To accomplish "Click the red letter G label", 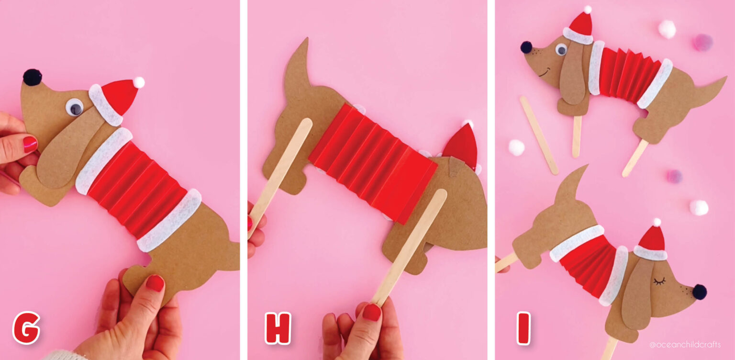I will click(x=26, y=328).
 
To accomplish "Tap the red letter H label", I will click(x=278, y=328).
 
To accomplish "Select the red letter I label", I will click(x=523, y=328).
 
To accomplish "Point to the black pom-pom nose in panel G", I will click(x=32, y=77).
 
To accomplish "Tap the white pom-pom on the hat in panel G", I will click(x=139, y=82).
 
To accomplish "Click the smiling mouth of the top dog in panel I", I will click(x=544, y=73).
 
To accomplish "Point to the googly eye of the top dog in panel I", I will click(x=561, y=49).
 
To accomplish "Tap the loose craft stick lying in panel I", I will click(x=539, y=135).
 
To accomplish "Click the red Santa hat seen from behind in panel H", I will click(x=462, y=146).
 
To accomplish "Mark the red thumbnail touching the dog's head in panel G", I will click(x=30, y=143).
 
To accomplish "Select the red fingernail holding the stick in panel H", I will click(x=371, y=312).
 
